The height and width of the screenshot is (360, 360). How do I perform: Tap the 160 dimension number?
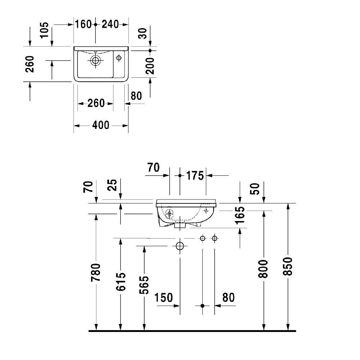84,24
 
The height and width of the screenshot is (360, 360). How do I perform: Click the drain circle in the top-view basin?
95,60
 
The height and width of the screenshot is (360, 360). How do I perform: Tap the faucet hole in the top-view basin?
119,57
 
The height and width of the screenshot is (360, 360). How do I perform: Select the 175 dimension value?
195,176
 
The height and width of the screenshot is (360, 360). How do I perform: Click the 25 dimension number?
113,185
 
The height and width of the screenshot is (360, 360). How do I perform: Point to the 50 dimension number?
255,188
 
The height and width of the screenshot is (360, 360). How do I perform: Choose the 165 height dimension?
240,215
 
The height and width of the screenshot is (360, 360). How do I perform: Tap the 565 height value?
144,285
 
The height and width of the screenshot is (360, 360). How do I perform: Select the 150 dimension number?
164,298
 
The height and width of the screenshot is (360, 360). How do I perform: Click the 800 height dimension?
264,269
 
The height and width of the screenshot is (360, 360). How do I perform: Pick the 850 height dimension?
288,266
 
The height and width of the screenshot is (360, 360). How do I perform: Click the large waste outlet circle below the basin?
180,246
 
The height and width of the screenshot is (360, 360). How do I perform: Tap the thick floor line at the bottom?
192,330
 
